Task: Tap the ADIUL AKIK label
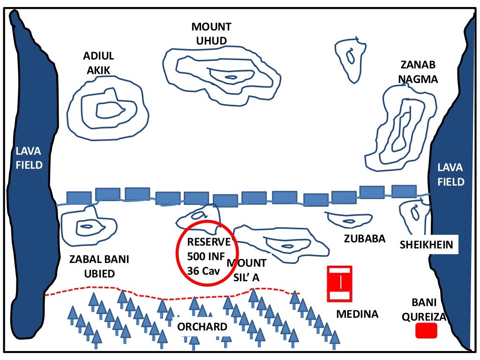click(98, 63)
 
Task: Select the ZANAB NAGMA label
click(418, 72)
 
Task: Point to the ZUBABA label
click(364, 239)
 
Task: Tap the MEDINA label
click(357, 314)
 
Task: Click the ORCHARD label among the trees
click(202, 327)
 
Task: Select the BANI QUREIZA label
click(428, 309)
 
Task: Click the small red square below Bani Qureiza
click(427, 331)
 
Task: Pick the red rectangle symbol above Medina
click(339, 284)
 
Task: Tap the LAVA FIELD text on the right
click(450, 174)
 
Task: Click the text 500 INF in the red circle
click(206, 256)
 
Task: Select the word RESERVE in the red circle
click(209, 242)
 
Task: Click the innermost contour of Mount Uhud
click(231, 77)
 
